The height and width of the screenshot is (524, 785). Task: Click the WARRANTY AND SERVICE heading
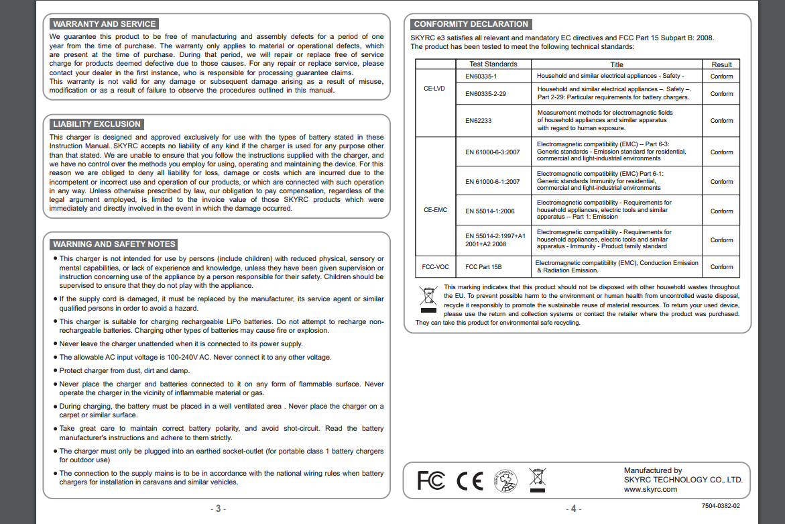tap(104, 24)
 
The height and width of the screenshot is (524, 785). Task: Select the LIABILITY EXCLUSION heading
tap(97, 124)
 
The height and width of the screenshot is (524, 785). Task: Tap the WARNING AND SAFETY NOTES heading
tap(114, 244)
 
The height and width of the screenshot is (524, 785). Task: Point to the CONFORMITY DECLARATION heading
tap(471, 24)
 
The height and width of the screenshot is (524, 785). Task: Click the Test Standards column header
tap(493, 64)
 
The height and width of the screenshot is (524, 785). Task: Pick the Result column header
tap(721, 64)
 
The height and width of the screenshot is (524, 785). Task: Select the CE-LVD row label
tap(434, 88)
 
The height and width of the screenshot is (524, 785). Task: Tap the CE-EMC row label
tap(435, 210)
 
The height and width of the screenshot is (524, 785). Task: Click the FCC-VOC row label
tap(435, 266)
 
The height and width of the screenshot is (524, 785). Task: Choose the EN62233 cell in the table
tap(478, 121)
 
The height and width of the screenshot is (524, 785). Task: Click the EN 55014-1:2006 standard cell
tap(490, 211)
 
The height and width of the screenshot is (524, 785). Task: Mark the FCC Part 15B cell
tap(483, 267)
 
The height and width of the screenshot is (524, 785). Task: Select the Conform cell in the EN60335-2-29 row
tap(721, 94)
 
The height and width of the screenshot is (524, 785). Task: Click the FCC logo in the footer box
tap(430, 480)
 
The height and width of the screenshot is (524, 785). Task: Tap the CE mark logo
tap(469, 480)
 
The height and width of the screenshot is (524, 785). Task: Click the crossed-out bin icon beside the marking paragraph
tap(427, 299)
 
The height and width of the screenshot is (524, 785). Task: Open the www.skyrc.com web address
tap(650, 489)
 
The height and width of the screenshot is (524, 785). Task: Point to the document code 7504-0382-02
tap(721, 505)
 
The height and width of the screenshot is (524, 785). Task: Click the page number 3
tap(218, 509)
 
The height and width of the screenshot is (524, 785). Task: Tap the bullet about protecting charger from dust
tap(125, 370)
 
